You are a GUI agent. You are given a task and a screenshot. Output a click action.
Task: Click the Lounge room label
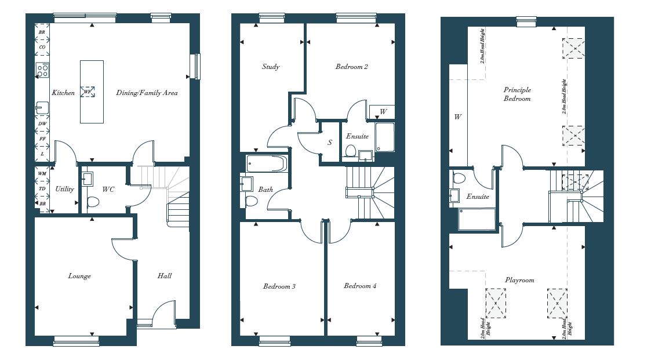79,276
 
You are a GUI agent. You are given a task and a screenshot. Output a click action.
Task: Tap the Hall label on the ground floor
165,276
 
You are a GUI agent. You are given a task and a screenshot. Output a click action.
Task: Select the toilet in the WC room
93,203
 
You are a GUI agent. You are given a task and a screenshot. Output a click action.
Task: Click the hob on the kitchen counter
42,71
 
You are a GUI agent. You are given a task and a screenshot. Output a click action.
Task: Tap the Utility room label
64,189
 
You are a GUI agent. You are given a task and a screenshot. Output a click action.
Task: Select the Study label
271,67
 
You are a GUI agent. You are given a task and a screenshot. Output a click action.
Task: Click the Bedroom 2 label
351,67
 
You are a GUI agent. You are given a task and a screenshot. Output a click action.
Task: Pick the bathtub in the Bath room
266,164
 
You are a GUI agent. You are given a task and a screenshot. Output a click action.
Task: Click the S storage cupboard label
330,142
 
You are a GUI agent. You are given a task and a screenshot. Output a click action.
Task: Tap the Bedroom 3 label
279,286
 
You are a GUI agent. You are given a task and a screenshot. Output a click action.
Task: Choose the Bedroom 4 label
360,286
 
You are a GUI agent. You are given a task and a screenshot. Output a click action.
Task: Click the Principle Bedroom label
517,94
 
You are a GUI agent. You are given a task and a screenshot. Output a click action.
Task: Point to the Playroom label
519,280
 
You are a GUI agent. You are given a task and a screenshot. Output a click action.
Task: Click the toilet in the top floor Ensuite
458,179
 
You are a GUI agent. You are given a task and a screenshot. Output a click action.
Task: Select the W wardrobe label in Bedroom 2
383,111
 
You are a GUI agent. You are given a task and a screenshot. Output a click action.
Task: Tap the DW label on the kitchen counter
42,123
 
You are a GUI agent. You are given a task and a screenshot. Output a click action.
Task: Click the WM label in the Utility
42,173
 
